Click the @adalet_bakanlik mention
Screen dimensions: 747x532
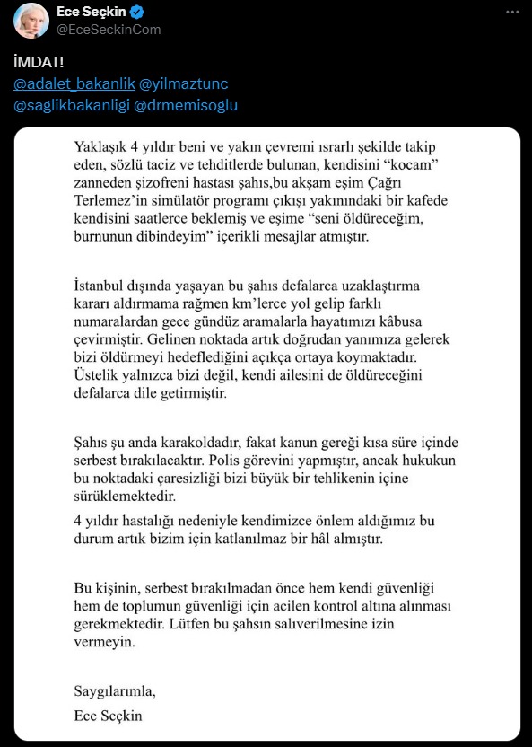click(74, 83)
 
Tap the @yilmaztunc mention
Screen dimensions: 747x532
click(184, 83)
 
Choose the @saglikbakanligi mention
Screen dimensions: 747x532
click(72, 105)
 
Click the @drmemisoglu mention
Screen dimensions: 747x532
click(188, 105)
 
